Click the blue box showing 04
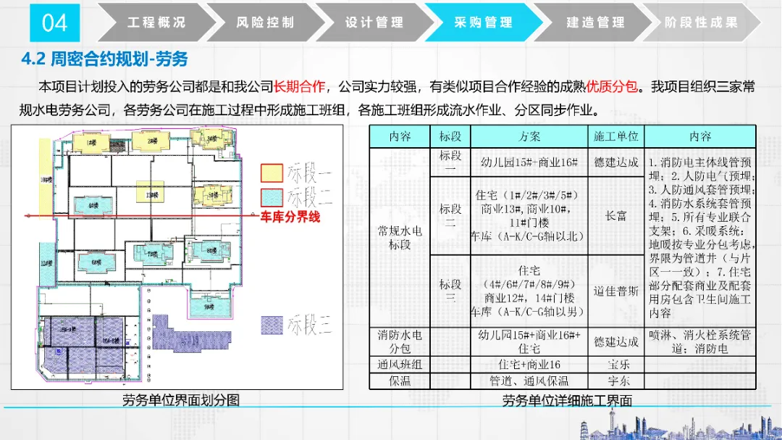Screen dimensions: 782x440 tap(54, 22)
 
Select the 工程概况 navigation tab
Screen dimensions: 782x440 tap(156, 22)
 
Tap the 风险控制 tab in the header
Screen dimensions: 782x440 tap(266, 22)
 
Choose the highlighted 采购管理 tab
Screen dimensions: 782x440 tap(483, 22)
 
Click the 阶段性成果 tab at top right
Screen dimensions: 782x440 tap(701, 22)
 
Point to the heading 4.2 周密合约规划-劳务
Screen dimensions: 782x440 tap(106, 59)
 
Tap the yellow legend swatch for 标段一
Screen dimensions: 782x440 tap(272, 173)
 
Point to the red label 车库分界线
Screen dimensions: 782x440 tap(290, 216)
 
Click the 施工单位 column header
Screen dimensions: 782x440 tap(615, 136)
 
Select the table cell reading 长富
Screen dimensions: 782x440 tap(615, 216)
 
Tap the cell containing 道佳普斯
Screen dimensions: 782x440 tap(615, 291)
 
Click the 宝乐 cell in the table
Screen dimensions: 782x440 tap(615, 365)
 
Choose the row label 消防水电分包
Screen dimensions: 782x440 tap(399, 341)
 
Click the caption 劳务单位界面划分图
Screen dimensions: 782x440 tap(180, 400)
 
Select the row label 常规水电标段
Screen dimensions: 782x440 tap(399, 237)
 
